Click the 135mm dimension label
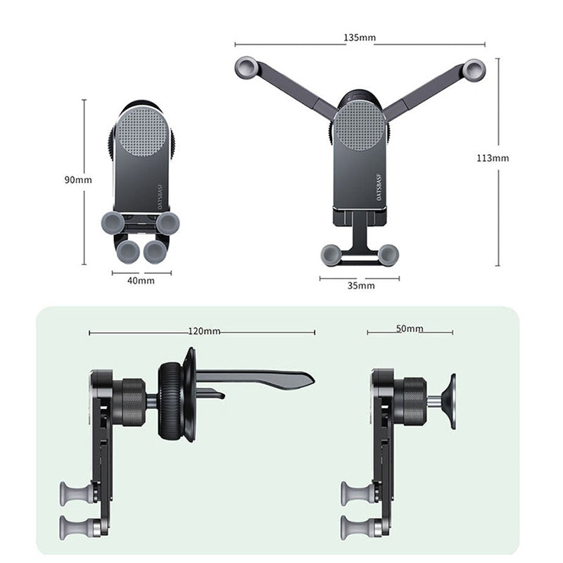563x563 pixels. pyautogui.click(x=360, y=37)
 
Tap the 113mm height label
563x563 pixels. pyautogui.click(x=493, y=158)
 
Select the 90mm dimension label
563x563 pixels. pyautogui.click(x=78, y=179)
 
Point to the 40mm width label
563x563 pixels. pyautogui.click(x=141, y=280)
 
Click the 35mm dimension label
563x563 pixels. pyautogui.click(x=361, y=286)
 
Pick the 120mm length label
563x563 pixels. pyautogui.click(x=204, y=331)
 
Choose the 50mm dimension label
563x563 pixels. pyautogui.click(x=410, y=329)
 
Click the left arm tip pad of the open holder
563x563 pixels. pyautogui.click(x=246, y=67)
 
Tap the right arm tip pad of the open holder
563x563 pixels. pyautogui.click(x=474, y=70)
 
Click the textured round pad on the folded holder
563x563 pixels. pyautogui.click(x=143, y=132)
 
